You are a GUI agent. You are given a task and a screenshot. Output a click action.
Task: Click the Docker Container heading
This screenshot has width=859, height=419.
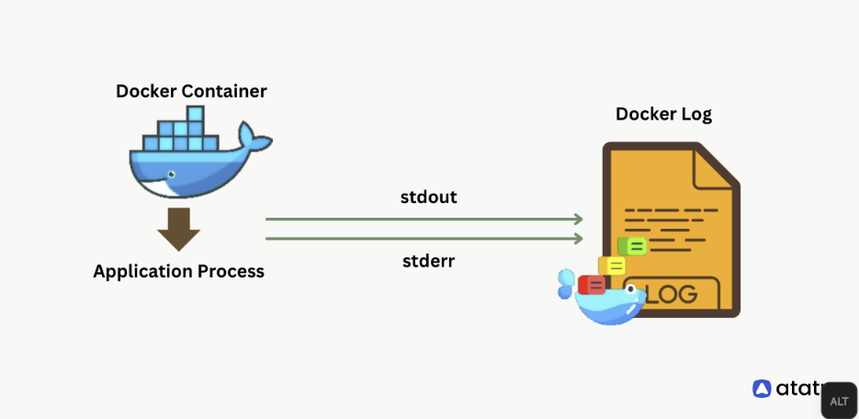point(191,91)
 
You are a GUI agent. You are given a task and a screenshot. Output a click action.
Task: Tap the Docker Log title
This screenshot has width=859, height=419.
point(663,114)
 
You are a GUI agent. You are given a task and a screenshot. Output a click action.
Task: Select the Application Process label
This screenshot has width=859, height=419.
point(178,271)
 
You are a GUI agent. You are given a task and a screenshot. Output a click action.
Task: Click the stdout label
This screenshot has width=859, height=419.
point(428,197)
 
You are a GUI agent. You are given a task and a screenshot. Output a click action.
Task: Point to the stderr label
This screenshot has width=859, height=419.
point(428,261)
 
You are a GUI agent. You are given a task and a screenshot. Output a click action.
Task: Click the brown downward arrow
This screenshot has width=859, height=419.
point(178,229)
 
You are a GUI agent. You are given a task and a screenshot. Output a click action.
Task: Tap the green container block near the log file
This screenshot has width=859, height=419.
point(632,245)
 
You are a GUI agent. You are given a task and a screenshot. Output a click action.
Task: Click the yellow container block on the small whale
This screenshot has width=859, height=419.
point(612,266)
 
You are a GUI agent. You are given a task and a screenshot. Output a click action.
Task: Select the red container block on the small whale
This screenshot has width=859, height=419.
point(591,284)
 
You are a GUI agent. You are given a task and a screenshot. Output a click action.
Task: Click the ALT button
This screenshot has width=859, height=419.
point(839,401)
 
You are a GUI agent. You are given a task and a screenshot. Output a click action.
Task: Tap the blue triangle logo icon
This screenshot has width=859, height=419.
point(762,389)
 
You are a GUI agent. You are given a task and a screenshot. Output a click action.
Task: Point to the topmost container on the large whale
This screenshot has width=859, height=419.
point(194,114)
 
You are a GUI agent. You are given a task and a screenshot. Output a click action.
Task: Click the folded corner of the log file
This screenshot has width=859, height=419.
point(719,164)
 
